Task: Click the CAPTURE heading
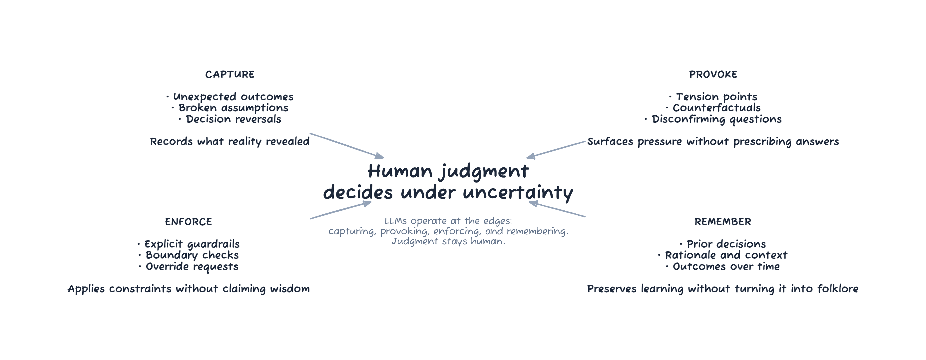(x=230, y=74)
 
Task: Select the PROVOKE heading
(x=713, y=74)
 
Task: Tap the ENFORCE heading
(x=188, y=222)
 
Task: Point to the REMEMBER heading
(x=722, y=222)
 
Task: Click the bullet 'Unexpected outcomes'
(x=233, y=97)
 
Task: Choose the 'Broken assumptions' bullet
(x=233, y=108)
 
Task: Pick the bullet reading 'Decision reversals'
(x=233, y=119)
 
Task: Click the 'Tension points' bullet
(x=716, y=97)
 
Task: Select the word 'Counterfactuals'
(x=716, y=108)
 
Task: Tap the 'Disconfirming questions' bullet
(x=716, y=119)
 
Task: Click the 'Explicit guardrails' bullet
(x=192, y=244)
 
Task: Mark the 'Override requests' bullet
(x=192, y=266)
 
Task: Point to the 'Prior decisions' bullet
(x=726, y=244)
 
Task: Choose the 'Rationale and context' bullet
(x=726, y=255)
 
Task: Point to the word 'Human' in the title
(x=400, y=171)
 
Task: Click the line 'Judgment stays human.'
(x=448, y=241)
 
